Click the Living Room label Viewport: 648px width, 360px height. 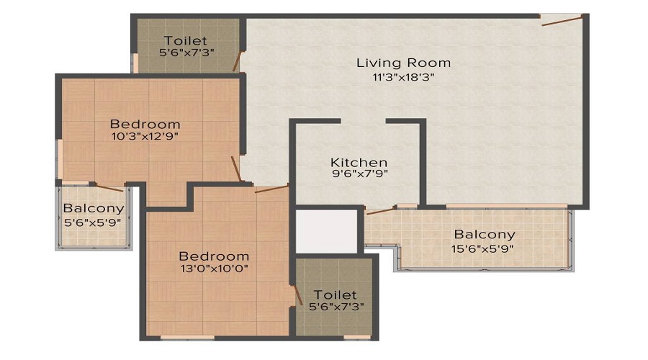pos(403,63)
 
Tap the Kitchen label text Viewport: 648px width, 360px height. pos(359,163)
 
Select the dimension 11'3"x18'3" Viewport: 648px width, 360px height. pos(403,77)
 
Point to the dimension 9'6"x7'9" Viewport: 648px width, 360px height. pos(360,174)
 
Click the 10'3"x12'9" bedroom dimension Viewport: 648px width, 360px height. pos(145,136)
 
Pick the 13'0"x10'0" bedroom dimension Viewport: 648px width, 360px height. pos(214,269)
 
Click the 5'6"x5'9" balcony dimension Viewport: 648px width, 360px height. pos(93,222)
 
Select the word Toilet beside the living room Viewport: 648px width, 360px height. pos(186,40)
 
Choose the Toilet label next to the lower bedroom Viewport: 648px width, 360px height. pos(335,294)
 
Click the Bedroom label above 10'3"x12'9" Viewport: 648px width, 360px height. pos(145,124)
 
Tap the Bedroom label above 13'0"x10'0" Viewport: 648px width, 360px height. pos(214,256)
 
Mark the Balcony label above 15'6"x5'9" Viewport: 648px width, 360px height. pos(485,234)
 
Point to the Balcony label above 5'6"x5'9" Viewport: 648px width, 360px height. pos(94,208)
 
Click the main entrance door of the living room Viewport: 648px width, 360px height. pos(562,20)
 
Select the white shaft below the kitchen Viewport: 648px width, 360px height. pos(326,230)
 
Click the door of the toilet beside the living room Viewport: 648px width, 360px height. pos(236,62)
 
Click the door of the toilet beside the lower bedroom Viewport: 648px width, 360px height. pos(297,295)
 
